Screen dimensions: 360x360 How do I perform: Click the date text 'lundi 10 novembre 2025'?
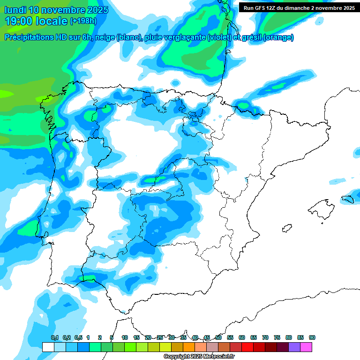56,10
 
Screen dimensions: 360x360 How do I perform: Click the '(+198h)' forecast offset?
83,21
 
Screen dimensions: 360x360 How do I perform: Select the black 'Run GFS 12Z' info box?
299,7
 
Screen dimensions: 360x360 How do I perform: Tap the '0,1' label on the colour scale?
54,337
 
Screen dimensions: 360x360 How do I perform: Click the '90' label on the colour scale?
312,337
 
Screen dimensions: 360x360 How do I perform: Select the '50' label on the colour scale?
218,337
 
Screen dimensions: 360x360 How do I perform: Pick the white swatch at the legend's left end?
48,347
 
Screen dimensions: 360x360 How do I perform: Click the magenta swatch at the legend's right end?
306,347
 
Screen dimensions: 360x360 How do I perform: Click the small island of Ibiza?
285,228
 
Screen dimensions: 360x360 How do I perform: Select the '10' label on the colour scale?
125,337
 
